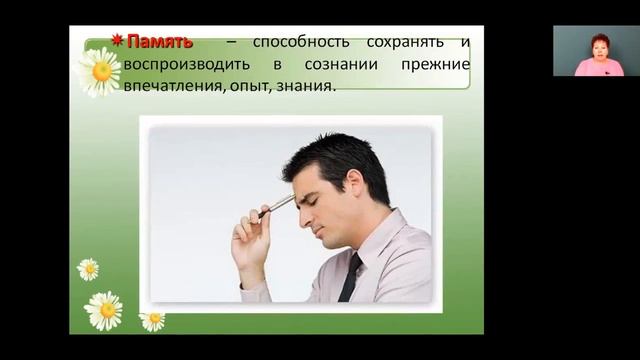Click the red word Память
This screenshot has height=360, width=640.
(159, 42)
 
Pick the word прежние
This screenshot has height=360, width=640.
(437, 65)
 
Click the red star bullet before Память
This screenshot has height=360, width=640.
(117, 41)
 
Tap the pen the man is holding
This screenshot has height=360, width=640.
(277, 204)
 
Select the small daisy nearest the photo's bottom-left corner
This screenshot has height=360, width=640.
(152, 320)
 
